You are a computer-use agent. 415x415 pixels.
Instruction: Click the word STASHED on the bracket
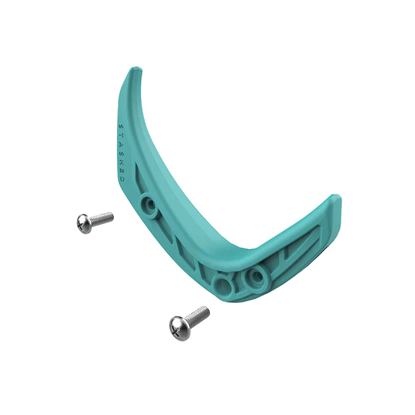(122, 152)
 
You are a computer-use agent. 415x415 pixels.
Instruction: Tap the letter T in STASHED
(121, 135)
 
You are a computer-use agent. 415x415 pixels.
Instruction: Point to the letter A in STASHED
(121, 143)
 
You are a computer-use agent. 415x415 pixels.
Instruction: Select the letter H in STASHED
(122, 160)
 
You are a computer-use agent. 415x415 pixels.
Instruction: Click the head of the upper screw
(84, 224)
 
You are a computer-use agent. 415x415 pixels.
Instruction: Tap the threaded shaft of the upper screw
(102, 218)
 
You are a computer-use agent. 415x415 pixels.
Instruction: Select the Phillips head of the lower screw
(178, 325)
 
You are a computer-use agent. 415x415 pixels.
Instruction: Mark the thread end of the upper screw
(111, 215)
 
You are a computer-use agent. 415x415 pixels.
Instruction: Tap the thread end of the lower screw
(207, 309)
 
